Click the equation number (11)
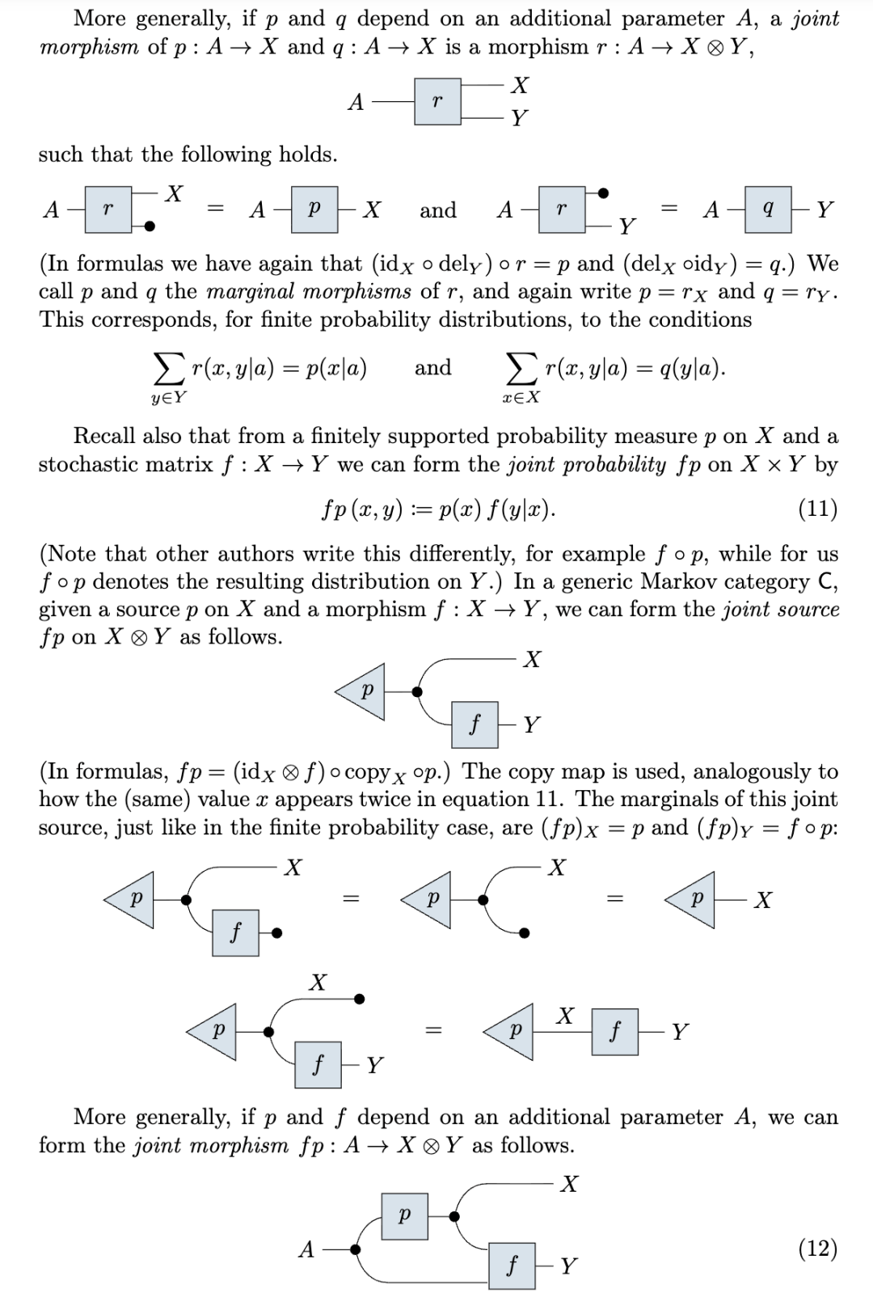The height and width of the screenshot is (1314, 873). pos(817,509)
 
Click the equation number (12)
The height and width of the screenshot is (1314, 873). pos(817,1249)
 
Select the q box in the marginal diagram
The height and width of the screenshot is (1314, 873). pos(767,210)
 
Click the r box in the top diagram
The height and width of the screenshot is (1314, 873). pos(437,102)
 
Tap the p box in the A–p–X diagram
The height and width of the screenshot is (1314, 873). pos(314,210)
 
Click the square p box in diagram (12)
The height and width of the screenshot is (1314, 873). pos(404,1215)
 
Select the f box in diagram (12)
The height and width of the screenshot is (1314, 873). pos(511,1266)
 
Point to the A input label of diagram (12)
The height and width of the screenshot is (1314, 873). pos(306,1250)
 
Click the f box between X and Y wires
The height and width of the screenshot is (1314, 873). pos(614,1031)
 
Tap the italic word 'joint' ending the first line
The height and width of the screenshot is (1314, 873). pos(815,19)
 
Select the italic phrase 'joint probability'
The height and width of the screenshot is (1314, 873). pos(587,465)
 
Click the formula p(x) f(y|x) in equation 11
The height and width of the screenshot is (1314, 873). pos(495,510)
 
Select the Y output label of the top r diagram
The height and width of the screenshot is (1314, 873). pos(520,119)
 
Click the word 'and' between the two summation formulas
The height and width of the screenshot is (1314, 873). pos(432,368)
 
